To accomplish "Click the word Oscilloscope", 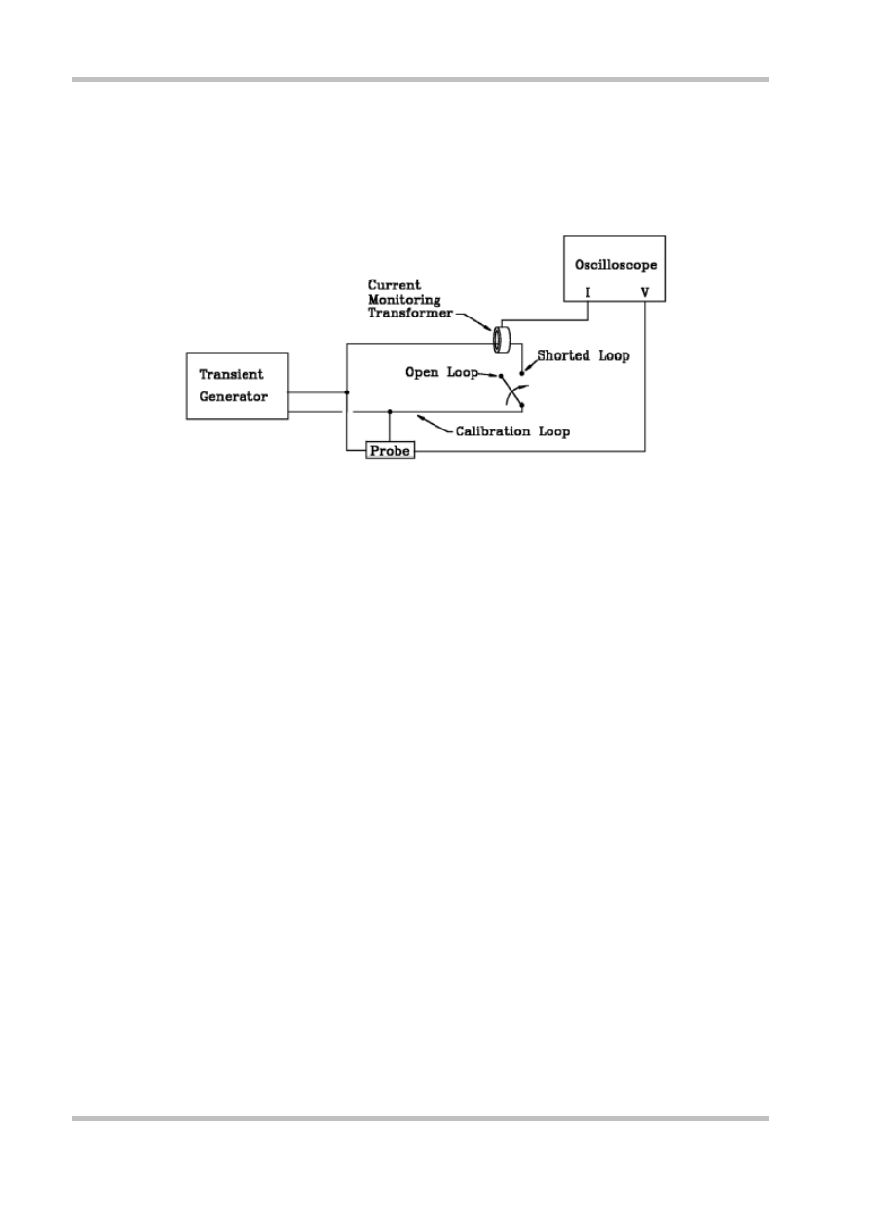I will (x=615, y=263).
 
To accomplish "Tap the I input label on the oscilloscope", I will (x=588, y=291).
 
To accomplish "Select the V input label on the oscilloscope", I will (x=645, y=291).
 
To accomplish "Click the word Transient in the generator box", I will (x=231, y=374).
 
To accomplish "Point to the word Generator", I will (x=233, y=395).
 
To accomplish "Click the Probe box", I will (x=390, y=451).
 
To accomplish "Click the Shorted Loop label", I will (x=584, y=356).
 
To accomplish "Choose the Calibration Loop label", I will (x=512, y=429).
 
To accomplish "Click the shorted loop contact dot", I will (x=522, y=373).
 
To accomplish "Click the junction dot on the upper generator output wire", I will (x=347, y=392).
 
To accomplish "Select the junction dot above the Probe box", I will (x=390, y=411).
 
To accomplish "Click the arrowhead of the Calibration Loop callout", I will (x=420, y=417).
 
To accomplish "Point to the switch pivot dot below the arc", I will (x=522, y=405).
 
